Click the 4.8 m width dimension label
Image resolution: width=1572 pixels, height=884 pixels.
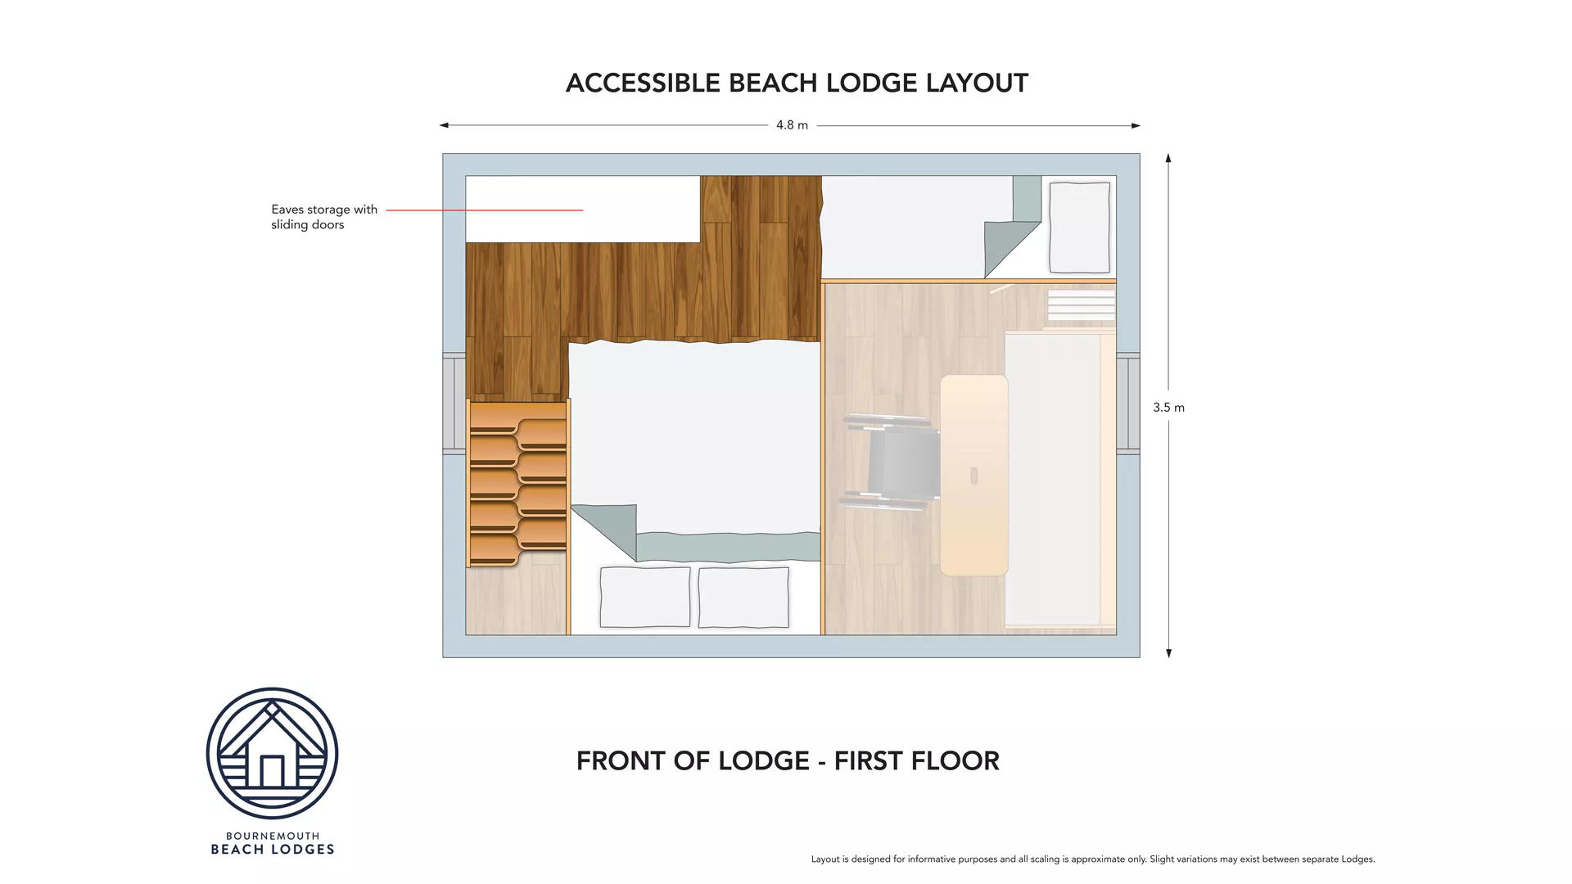(792, 125)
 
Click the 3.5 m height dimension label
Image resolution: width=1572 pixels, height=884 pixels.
(1168, 408)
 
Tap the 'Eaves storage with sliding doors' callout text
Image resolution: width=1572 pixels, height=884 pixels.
(323, 217)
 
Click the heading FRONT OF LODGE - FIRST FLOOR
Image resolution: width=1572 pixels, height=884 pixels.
(788, 761)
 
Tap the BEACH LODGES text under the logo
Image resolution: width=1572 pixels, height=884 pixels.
(273, 850)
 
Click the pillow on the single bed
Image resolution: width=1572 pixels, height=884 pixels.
(1079, 228)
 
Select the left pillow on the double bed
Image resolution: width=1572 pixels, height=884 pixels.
(645, 598)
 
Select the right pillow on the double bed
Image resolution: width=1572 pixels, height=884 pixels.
(743, 598)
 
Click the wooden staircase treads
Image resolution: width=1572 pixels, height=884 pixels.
(517, 483)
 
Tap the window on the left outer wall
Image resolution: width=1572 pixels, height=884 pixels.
(454, 404)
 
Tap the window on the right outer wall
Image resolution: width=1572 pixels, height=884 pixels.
(1128, 404)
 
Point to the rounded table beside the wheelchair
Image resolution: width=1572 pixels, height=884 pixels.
(973, 475)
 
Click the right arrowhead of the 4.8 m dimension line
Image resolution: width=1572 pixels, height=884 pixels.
(1136, 125)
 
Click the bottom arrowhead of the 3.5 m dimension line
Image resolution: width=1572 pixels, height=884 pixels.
(1168, 653)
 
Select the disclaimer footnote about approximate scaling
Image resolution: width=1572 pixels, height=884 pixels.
(1092, 859)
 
